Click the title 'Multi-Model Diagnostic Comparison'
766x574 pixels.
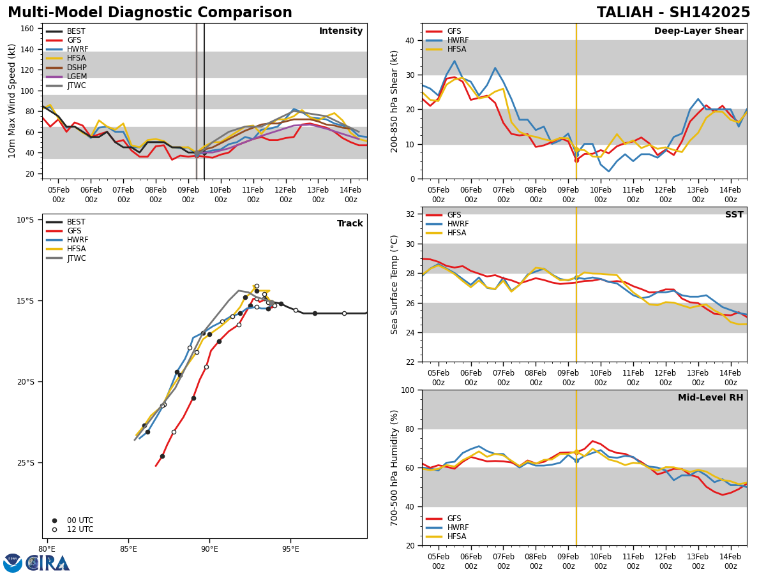[150, 13]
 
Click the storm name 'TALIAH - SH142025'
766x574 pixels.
[673, 13]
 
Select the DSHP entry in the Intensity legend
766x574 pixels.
[77, 68]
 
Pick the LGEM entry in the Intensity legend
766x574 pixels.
[77, 77]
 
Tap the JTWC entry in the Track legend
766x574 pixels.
[77, 258]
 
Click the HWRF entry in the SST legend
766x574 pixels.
[458, 224]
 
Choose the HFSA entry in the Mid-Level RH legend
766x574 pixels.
[456, 536]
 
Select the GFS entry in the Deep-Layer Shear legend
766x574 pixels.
[454, 31]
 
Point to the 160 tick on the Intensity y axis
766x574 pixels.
[27, 29]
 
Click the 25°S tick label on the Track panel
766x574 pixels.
[25, 463]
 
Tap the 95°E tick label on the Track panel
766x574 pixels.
[291, 548]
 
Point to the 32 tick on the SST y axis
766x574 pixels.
[409, 214]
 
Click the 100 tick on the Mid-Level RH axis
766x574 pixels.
[407, 390]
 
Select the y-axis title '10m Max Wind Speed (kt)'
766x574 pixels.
[12, 101]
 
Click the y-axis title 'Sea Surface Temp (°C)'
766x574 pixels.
[394, 284]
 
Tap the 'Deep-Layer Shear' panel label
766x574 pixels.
[698, 31]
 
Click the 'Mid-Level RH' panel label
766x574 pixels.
[710, 398]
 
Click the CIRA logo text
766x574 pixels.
[48, 563]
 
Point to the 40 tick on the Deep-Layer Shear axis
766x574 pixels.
[409, 40]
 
